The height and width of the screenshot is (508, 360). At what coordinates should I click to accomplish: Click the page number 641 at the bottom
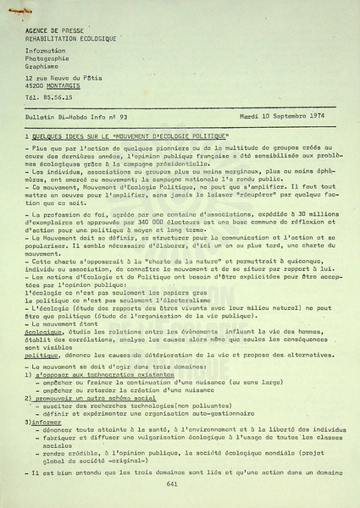(x=172, y=483)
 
